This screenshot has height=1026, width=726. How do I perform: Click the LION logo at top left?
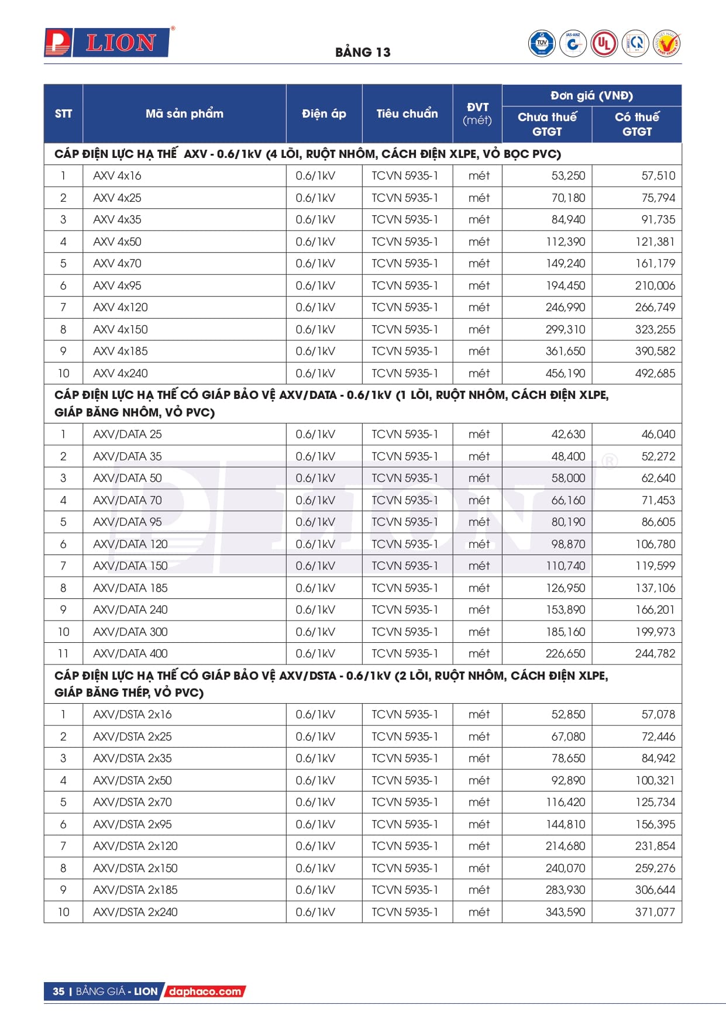point(109,43)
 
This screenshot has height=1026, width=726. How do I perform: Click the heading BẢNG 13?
point(363,52)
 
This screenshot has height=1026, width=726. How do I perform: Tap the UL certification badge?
point(604,43)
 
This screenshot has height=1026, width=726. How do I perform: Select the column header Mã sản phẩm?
point(184,113)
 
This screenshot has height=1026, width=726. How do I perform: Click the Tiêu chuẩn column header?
point(407,113)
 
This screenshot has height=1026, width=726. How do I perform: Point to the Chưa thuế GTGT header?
point(547,124)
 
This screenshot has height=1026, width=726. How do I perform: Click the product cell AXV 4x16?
point(117,175)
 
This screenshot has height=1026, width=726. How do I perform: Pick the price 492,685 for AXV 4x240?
point(655,373)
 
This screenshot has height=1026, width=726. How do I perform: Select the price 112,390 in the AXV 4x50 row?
point(565,242)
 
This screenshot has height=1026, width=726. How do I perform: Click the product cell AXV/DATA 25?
point(128,434)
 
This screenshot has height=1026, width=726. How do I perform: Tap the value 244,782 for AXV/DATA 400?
point(655,653)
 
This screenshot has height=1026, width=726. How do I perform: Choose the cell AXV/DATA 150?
point(130,566)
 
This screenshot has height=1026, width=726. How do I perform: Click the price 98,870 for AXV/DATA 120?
point(567,544)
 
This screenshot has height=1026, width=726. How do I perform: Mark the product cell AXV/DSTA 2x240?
point(135,912)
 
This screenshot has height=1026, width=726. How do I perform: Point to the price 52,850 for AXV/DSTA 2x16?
point(567,714)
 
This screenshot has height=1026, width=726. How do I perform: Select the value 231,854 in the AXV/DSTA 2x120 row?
point(655,846)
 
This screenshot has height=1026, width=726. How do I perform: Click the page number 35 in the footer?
point(59,991)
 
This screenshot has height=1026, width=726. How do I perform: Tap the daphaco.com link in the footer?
point(205,991)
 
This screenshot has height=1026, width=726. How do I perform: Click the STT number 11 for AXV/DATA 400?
point(63,653)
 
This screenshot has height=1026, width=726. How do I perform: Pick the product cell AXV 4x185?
point(121,351)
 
